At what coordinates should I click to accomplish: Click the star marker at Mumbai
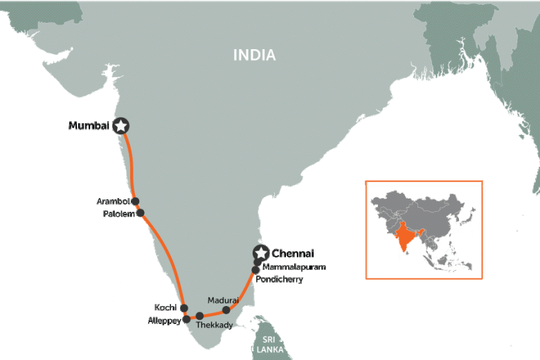point(122,125)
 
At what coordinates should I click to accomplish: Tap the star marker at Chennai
point(261,253)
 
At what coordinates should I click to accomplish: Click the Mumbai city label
point(89,126)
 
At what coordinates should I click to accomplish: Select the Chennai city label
point(293,253)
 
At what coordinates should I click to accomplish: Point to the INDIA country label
point(254,55)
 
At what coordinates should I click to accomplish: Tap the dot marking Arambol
point(136,201)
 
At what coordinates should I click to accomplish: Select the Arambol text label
point(114,201)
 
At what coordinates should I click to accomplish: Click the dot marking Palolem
point(141,213)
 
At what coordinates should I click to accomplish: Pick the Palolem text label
point(118,214)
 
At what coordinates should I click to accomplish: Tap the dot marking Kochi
point(183,308)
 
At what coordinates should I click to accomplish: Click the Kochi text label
point(166,307)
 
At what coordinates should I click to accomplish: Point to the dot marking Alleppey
point(186,319)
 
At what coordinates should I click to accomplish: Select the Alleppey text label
point(165,321)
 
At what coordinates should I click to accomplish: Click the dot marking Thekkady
point(200,316)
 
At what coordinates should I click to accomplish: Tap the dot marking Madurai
point(226,310)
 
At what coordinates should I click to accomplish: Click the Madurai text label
point(223,300)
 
